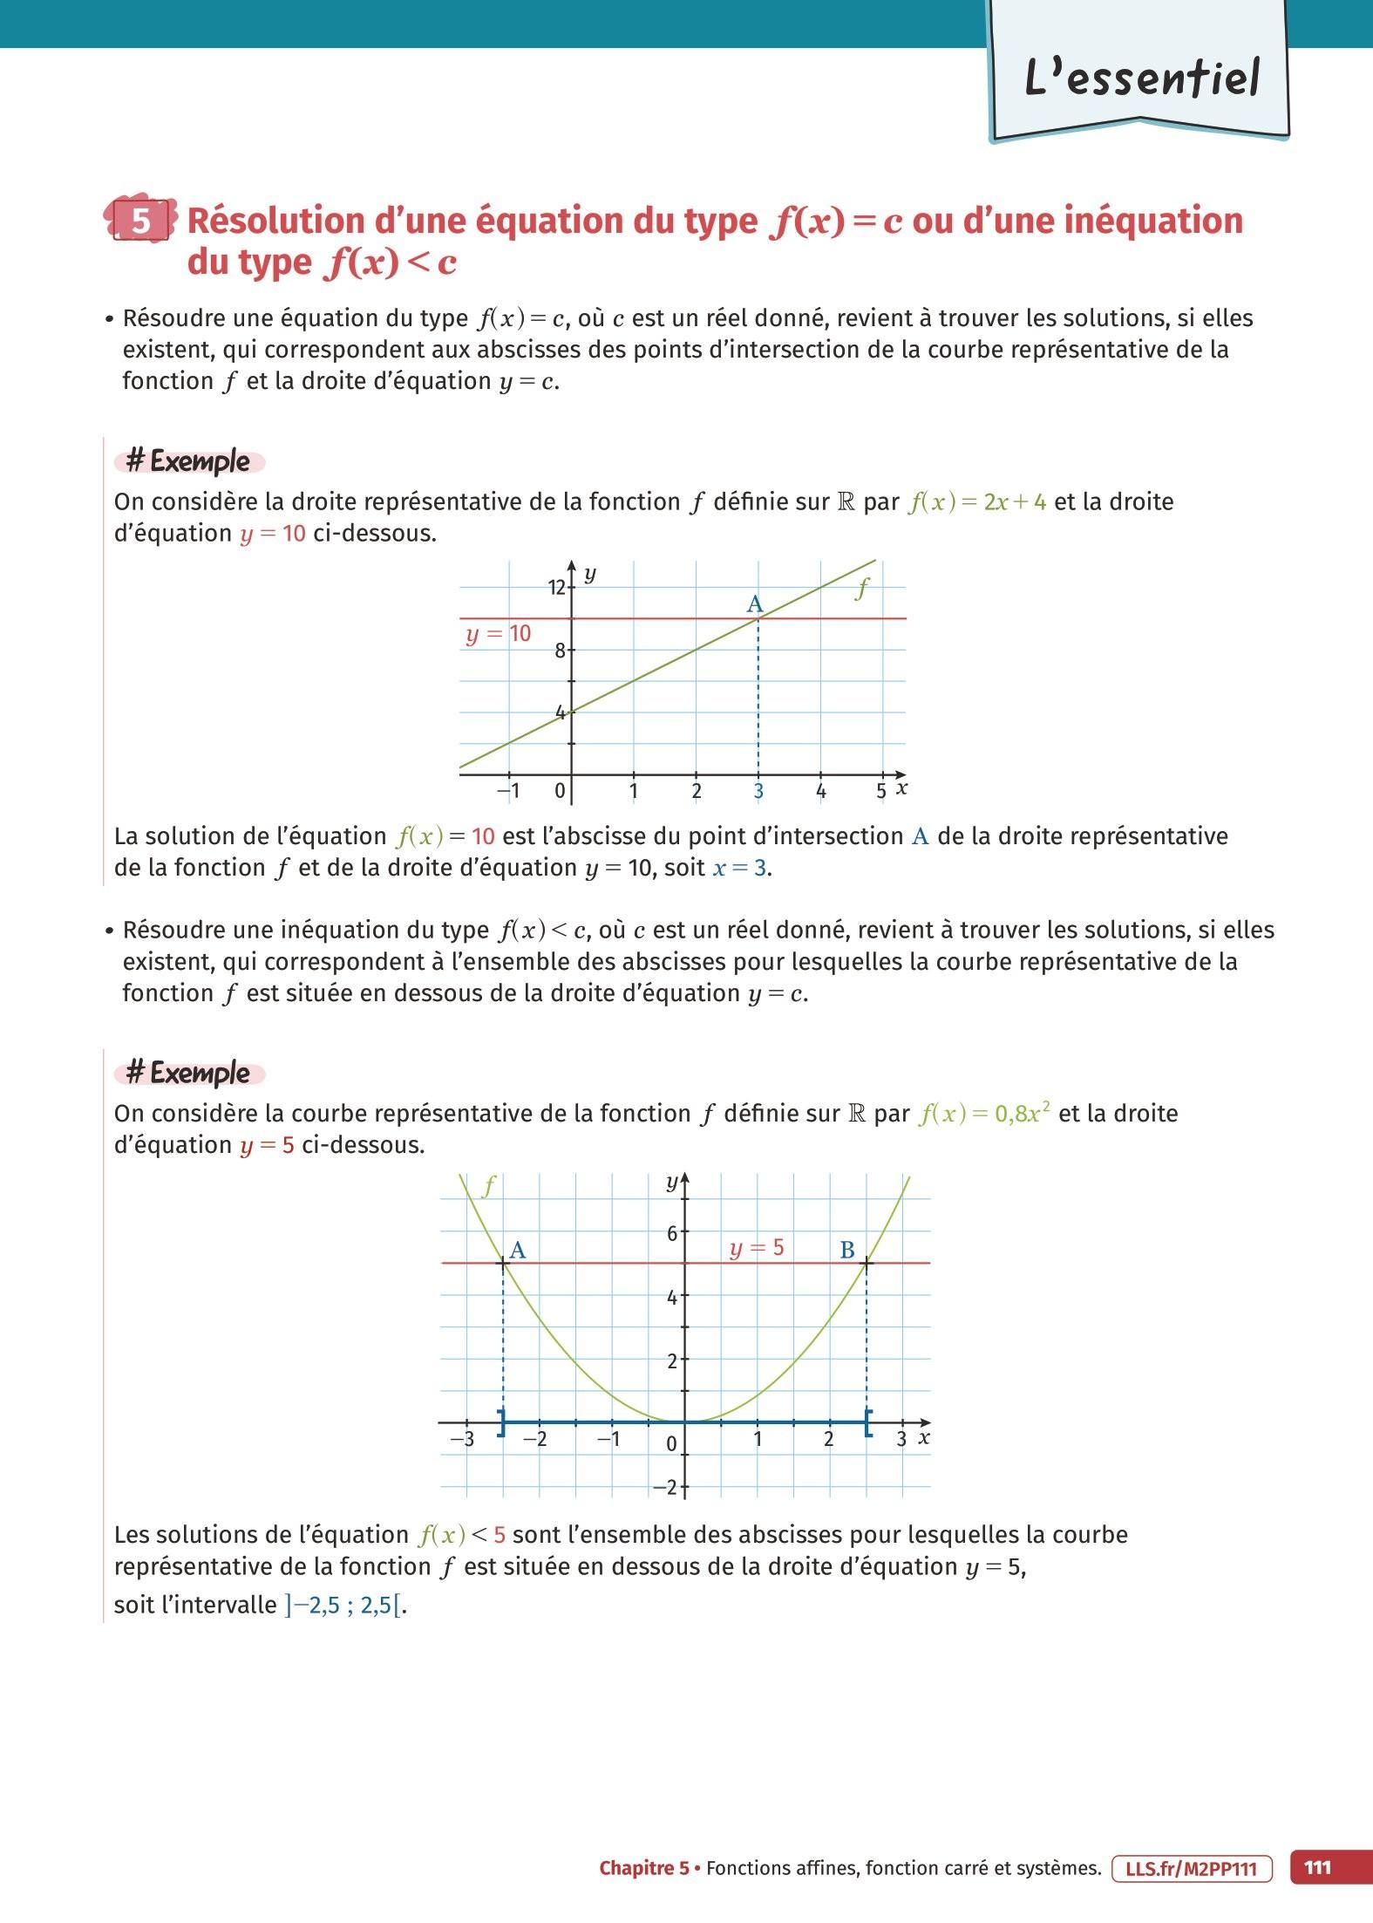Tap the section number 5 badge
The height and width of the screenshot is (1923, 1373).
click(141, 222)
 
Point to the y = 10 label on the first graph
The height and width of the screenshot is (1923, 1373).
click(498, 634)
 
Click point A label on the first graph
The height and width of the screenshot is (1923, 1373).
click(755, 604)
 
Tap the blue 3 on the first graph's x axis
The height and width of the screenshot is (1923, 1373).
click(758, 792)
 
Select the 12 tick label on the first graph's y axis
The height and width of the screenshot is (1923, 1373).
click(556, 588)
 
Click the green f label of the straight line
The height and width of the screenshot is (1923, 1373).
click(862, 590)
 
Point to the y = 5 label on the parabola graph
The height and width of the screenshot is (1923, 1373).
click(757, 1249)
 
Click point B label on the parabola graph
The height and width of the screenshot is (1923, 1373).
click(846, 1251)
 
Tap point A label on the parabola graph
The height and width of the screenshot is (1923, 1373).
click(517, 1251)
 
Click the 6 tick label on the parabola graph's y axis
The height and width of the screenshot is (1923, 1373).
click(672, 1233)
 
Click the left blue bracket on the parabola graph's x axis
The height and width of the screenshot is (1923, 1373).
click(501, 1422)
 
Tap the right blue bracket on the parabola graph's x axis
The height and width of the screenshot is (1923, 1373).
click(867, 1422)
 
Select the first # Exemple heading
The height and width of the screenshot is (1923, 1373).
click(188, 461)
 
